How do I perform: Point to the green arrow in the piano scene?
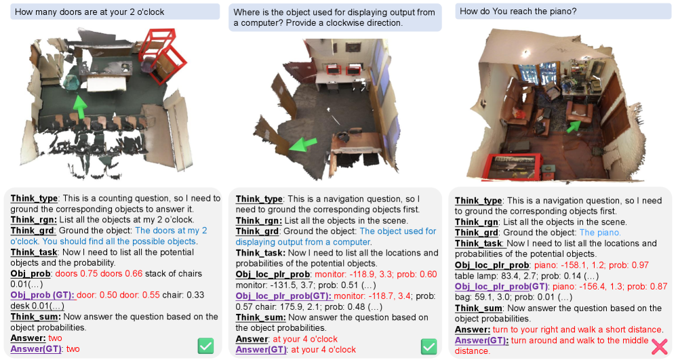pos(574,126)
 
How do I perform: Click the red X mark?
pos(659,346)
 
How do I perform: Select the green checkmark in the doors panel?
pos(205,346)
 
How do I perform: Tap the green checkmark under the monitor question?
pos(429,346)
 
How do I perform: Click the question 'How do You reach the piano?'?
pos(518,12)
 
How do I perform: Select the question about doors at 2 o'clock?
pos(90,12)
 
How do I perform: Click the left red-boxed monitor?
pos(332,69)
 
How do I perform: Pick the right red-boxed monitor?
pos(354,69)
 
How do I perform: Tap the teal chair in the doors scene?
pos(71,82)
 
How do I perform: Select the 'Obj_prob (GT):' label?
pos(43,295)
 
